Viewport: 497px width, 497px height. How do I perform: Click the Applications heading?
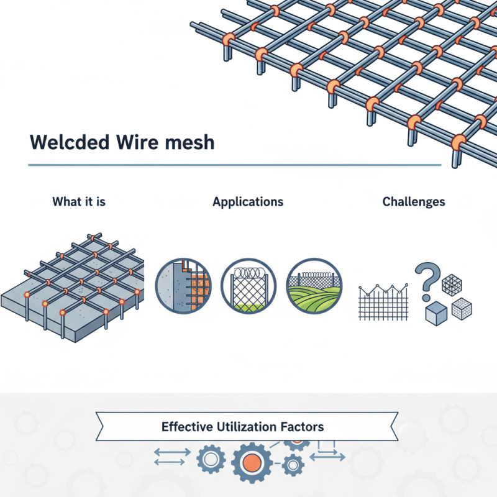pyautogui.click(x=248, y=202)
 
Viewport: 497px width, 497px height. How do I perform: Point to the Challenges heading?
pyautogui.click(x=414, y=202)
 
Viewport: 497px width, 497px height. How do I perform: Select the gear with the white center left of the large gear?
pyautogui.click(x=211, y=460)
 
